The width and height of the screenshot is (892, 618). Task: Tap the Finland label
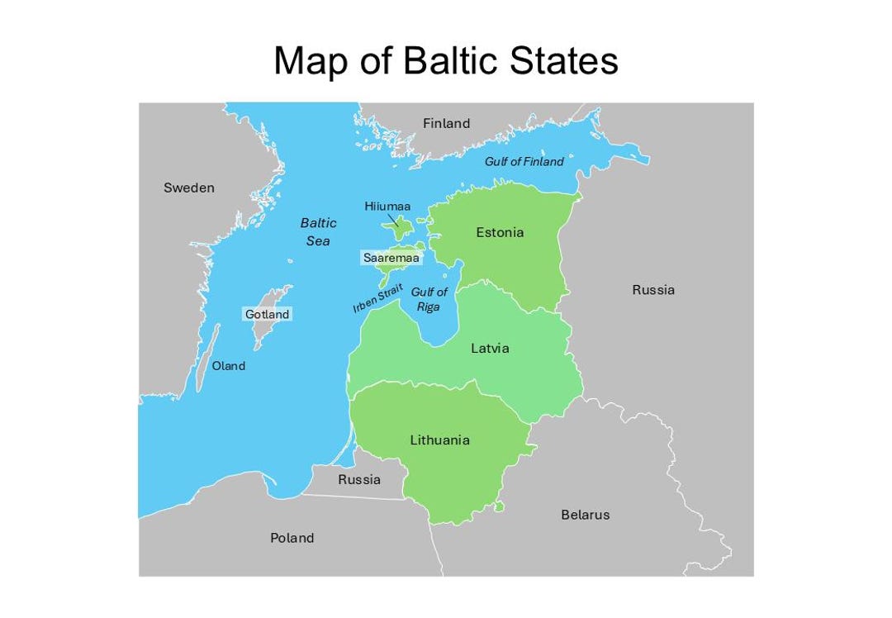click(x=446, y=123)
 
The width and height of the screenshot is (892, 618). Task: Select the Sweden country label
click(x=188, y=188)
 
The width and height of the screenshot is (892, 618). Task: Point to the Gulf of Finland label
click(x=524, y=161)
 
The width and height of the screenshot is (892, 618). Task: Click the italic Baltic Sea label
click(x=317, y=231)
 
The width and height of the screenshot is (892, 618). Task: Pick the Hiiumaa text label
click(x=387, y=206)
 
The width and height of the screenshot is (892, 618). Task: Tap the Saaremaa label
click(x=391, y=258)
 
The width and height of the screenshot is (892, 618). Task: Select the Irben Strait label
click(x=377, y=298)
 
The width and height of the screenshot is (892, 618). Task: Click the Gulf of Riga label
click(x=429, y=299)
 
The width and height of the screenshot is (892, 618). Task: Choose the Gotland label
click(x=267, y=314)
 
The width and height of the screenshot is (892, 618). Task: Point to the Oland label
click(x=228, y=365)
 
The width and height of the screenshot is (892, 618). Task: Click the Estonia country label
click(x=500, y=232)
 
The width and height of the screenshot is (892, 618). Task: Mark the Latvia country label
click(x=490, y=348)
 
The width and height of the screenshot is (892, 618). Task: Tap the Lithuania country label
click(x=439, y=440)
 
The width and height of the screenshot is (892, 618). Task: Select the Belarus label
click(x=585, y=514)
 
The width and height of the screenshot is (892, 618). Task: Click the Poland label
click(x=292, y=538)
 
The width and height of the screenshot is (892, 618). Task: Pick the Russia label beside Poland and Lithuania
click(x=359, y=479)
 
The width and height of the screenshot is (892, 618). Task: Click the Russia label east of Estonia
click(x=652, y=289)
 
